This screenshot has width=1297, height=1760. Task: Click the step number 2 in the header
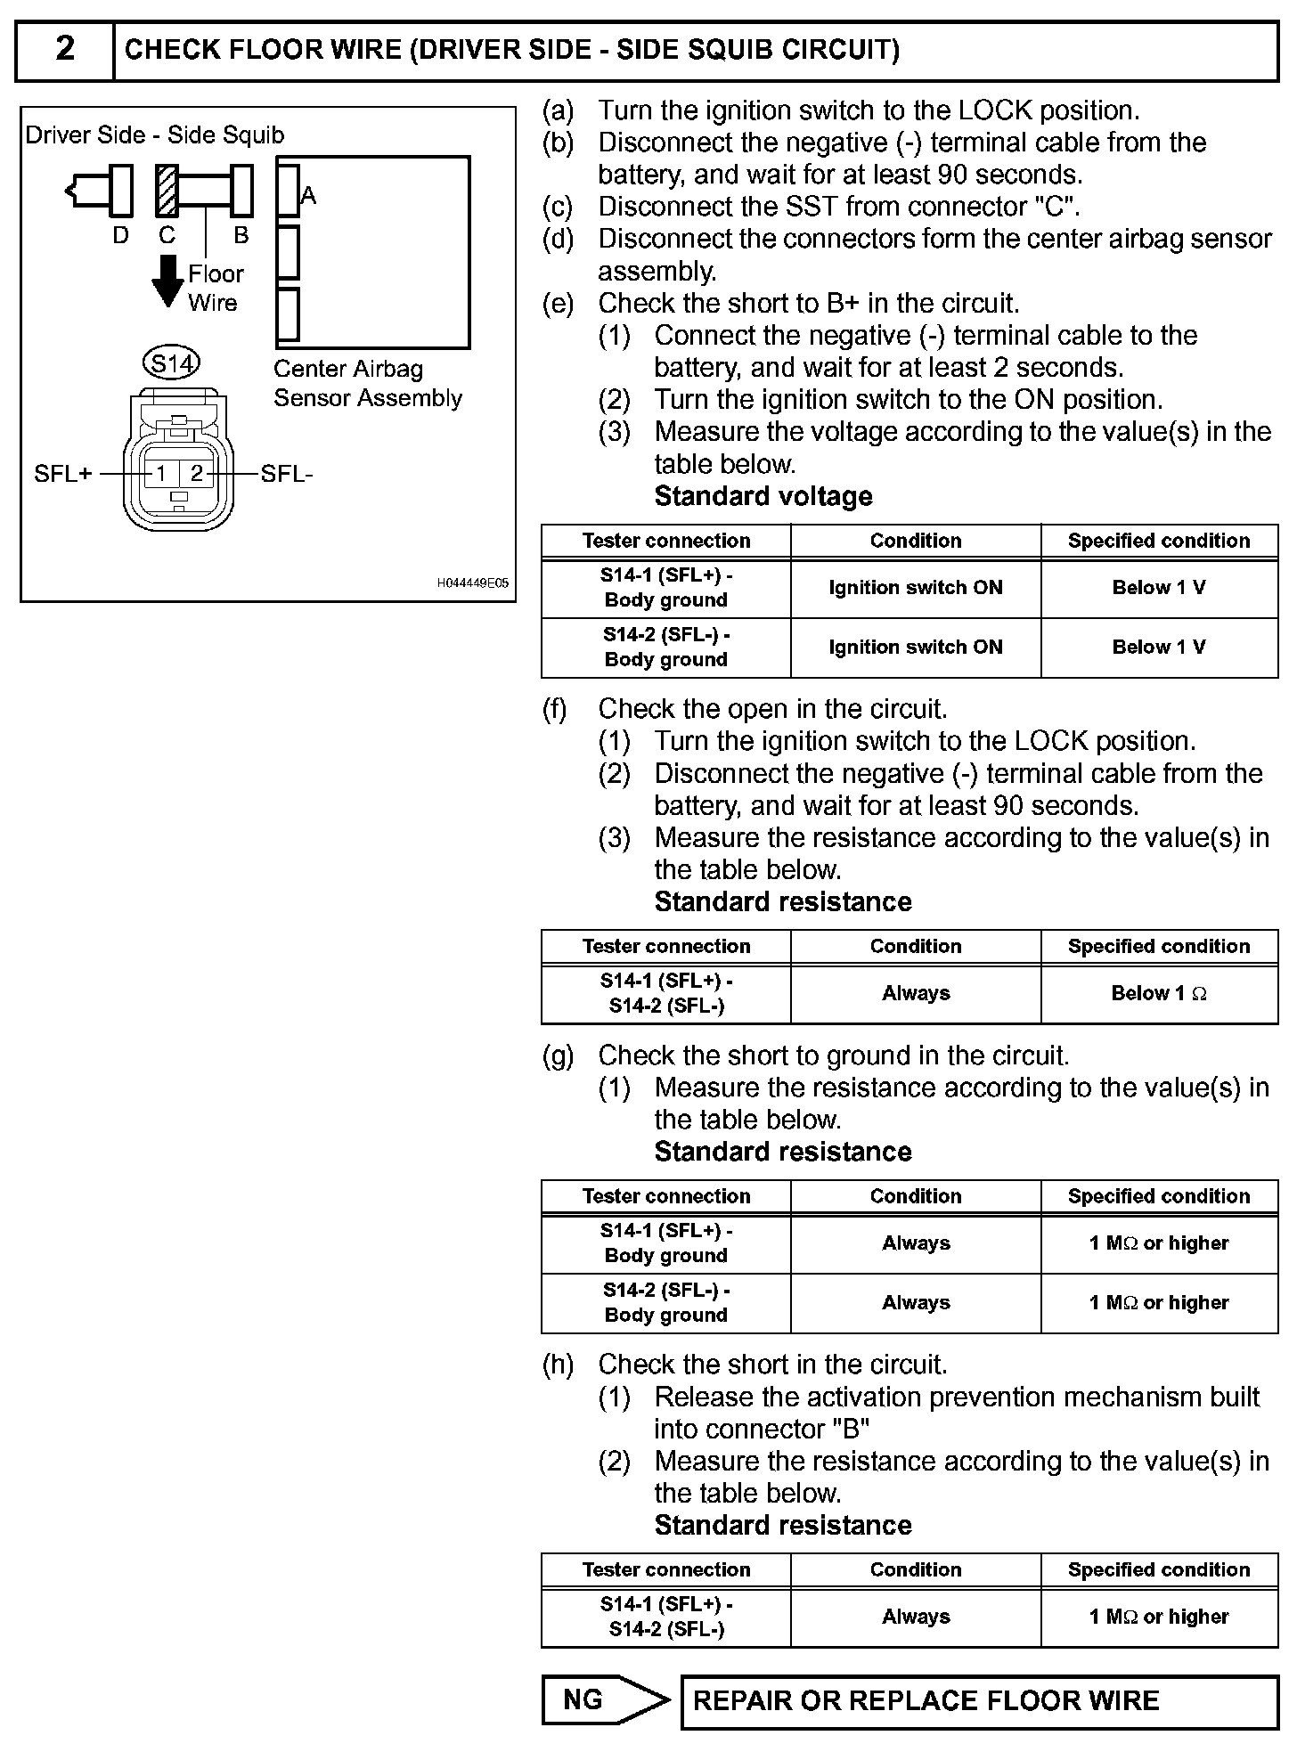65,49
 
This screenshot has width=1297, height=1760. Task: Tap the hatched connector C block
167,191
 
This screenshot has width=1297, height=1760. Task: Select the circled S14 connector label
171,363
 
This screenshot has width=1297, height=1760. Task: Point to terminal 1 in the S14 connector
161,473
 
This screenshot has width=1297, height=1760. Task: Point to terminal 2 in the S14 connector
197,473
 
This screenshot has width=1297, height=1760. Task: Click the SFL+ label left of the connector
63,474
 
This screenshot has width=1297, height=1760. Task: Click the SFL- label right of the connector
287,474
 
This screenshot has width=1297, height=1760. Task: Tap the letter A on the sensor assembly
308,195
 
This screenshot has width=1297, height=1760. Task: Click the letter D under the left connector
120,235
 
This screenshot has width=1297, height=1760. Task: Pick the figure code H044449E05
472,583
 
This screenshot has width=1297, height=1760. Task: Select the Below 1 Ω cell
1159,993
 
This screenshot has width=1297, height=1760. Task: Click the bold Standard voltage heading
763,496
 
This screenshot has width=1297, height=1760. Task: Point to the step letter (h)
559,1365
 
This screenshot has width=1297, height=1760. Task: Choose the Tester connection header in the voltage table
665,541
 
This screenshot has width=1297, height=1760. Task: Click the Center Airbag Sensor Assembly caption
367,383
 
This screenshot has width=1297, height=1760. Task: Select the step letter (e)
559,304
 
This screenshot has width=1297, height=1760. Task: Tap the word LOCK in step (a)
996,110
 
